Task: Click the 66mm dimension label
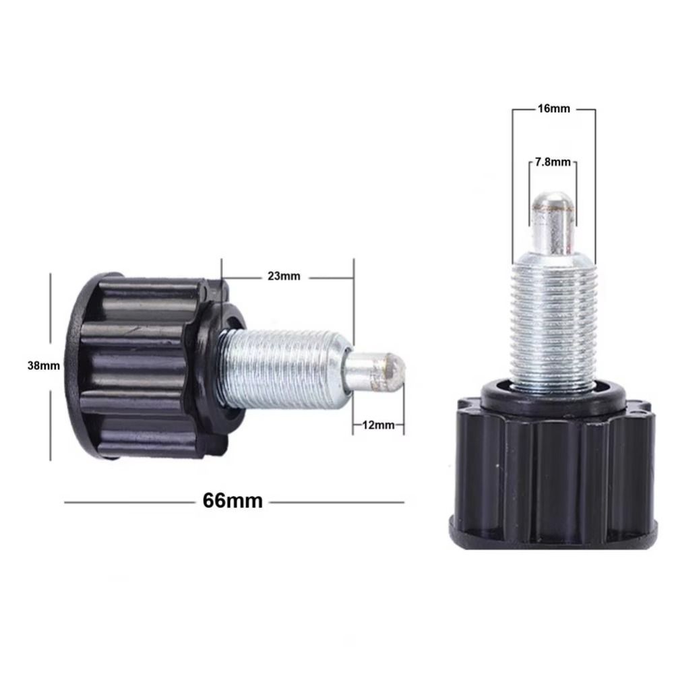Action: click(x=232, y=501)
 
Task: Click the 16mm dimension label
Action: click(x=553, y=109)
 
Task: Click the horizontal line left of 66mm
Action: click(x=128, y=501)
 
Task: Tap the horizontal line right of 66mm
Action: click(x=337, y=501)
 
